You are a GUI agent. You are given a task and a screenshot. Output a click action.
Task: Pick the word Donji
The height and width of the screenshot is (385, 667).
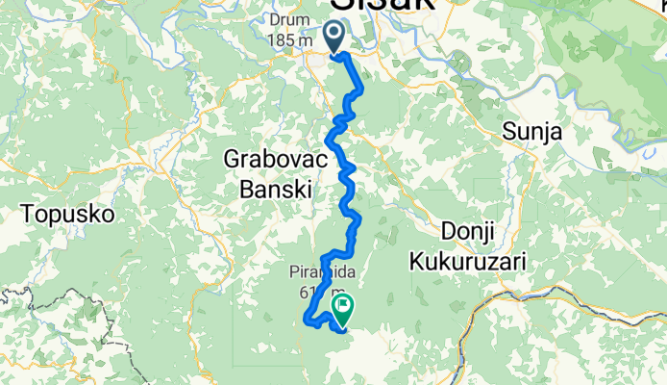pyautogui.click(x=466, y=231)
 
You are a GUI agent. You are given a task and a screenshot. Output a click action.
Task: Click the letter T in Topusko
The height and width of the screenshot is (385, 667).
pyautogui.click(x=26, y=213)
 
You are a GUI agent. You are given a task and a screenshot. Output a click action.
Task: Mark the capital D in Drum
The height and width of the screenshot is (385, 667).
pyautogui.click(x=277, y=19)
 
